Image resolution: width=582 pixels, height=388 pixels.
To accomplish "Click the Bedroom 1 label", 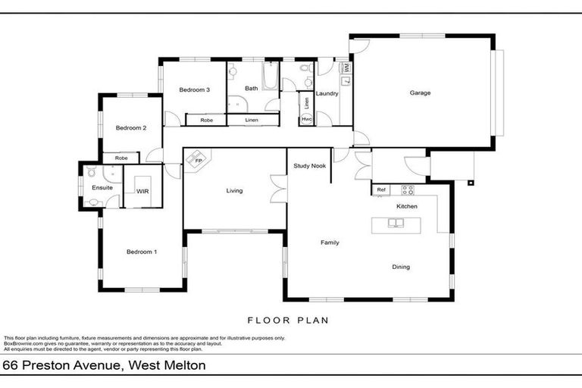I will coord(141,252).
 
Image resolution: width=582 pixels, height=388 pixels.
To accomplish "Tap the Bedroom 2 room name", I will coord(130,128).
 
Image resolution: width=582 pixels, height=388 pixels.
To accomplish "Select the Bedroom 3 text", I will coord(194,90).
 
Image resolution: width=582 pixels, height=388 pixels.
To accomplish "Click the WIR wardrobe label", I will coord(142,191).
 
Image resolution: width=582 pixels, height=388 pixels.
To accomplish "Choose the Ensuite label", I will coord(102,187).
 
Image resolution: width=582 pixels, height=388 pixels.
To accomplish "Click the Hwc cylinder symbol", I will coord(306,119).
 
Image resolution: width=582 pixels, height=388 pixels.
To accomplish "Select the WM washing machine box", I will coord(346,68).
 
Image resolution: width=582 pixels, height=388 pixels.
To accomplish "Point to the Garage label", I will coord(420,93).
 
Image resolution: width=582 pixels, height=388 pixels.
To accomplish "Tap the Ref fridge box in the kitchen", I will coord(381,189).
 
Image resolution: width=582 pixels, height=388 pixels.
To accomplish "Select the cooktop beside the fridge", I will coord(407,189).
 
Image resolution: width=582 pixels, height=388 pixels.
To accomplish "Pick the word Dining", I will coord(401,266).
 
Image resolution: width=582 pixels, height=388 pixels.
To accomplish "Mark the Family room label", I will coord(330,242).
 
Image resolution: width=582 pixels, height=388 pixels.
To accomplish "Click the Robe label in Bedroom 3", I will coord(205,120).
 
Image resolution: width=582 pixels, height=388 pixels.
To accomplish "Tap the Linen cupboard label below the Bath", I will coord(252,120).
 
